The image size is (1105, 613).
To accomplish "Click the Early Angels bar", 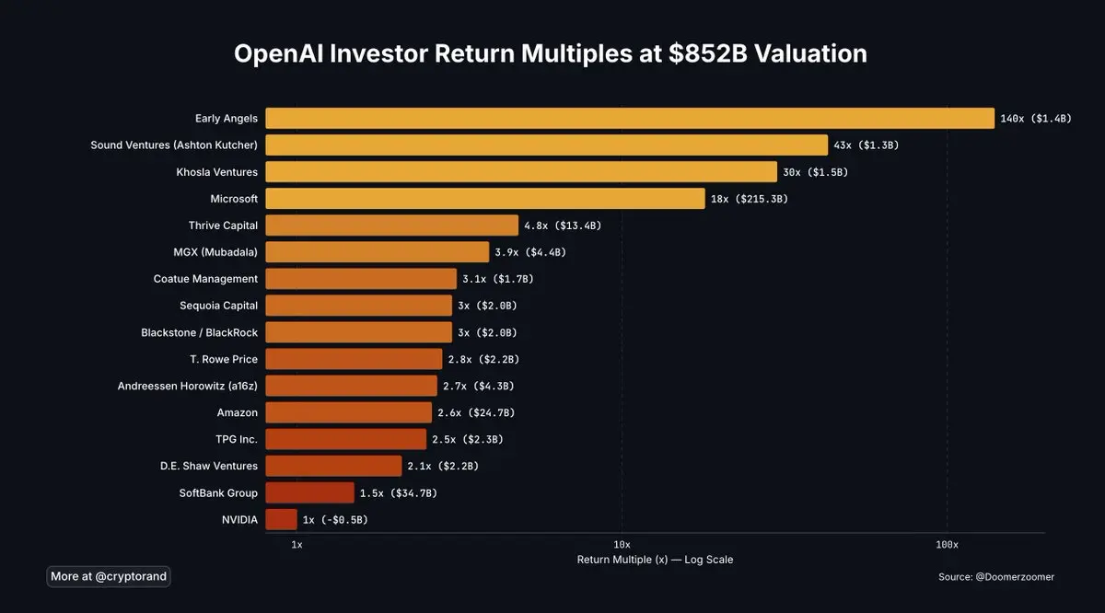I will pyautogui.click(x=630, y=118).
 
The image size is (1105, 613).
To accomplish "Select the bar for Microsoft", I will pyautogui.click(x=485, y=198).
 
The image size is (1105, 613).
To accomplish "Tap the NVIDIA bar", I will pyautogui.click(x=281, y=519).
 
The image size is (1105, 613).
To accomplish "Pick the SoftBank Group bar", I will pyautogui.click(x=309, y=492).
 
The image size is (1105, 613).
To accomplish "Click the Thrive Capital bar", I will pyautogui.click(x=391, y=226).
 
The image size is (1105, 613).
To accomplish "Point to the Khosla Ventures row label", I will pyautogui.click(x=216, y=172).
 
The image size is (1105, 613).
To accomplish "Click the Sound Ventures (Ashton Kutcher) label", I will pyautogui.click(x=174, y=145).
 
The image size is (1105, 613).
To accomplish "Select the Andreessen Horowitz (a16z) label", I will pyautogui.click(x=188, y=387).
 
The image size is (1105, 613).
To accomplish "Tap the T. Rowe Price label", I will pyautogui.click(x=223, y=359).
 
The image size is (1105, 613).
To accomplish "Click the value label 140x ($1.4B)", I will pyautogui.click(x=1036, y=119).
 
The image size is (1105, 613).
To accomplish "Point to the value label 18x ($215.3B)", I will pyautogui.click(x=749, y=199).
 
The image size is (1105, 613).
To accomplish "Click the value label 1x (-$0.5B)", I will pyautogui.click(x=335, y=520).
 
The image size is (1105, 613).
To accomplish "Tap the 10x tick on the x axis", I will pyautogui.click(x=622, y=544).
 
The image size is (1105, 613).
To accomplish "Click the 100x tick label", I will pyautogui.click(x=947, y=544).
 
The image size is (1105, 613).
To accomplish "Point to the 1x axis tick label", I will pyautogui.click(x=297, y=544).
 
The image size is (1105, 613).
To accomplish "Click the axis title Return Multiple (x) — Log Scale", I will pyautogui.click(x=655, y=560).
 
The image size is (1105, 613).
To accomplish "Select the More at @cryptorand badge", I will pyautogui.click(x=109, y=576).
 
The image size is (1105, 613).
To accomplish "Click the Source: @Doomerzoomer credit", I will pyautogui.click(x=996, y=577).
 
